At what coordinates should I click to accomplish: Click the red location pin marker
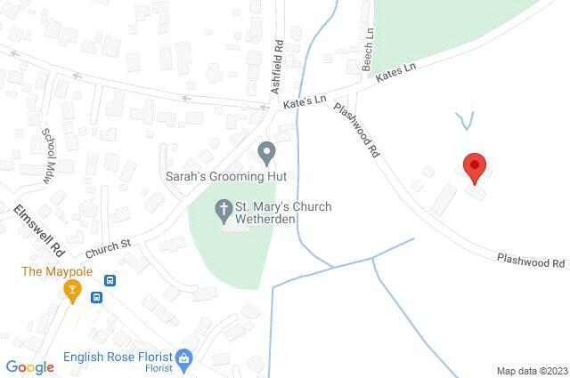coord(475,166)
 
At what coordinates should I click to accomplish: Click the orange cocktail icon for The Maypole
coord(73,289)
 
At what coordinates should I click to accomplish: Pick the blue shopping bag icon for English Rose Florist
coord(184,360)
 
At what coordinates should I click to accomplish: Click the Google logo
coord(29,366)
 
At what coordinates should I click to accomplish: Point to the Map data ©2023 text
coord(531,370)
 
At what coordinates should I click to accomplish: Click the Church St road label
coord(108,244)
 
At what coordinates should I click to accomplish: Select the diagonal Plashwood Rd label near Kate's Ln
coord(356,129)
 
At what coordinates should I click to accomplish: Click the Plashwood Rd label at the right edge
coord(532,260)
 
